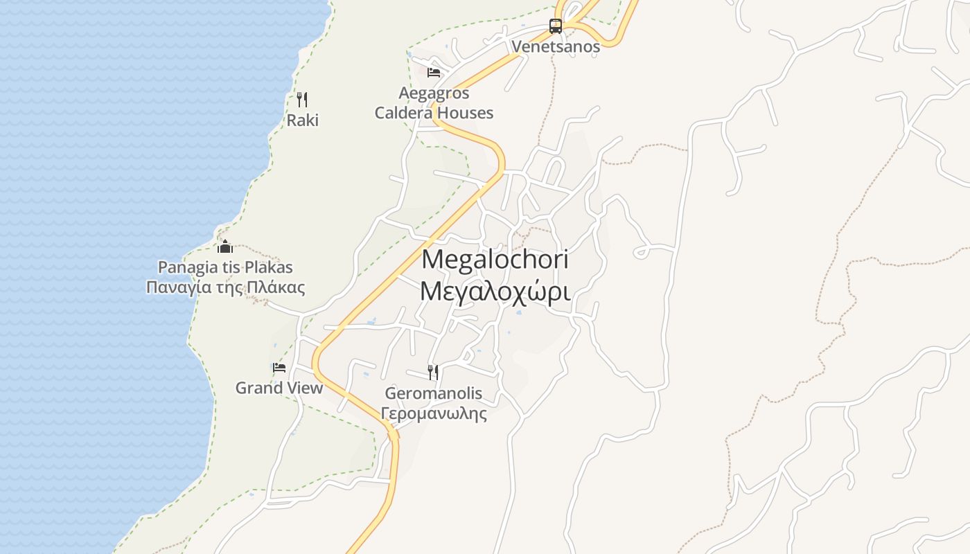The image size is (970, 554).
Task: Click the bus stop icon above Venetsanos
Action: click(556, 26)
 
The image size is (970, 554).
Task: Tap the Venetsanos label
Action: click(556, 47)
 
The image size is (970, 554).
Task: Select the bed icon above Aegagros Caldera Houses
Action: click(434, 72)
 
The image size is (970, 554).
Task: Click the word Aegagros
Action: click(434, 93)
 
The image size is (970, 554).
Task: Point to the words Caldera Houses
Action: click(434, 113)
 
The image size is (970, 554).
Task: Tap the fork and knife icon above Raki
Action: click(302, 100)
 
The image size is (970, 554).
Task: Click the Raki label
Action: click(303, 120)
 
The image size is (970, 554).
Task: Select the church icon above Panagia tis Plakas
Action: click(225, 247)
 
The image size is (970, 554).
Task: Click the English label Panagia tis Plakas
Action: click(225, 267)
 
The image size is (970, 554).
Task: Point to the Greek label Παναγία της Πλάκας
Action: click(225, 287)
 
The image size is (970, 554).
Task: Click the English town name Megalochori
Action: click(495, 260)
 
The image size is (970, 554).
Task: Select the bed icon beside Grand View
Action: click(279, 368)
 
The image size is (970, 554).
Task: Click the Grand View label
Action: click(279, 388)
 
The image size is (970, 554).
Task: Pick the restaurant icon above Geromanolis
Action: click(433, 373)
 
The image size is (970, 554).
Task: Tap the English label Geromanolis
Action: click(433, 394)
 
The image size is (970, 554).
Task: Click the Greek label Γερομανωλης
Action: click(433, 414)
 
